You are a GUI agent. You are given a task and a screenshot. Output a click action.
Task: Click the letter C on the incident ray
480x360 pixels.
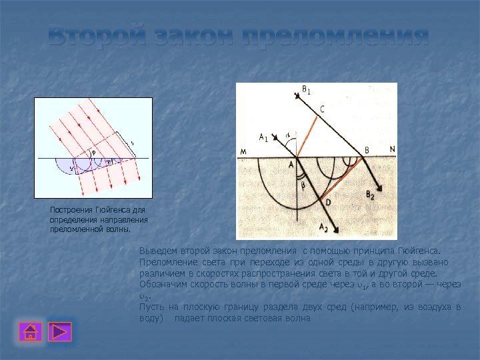click(x=323, y=108)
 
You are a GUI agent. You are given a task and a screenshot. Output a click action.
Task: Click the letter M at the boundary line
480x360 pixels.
click(x=244, y=152)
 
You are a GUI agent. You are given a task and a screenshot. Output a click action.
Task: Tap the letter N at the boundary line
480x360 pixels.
click(x=391, y=150)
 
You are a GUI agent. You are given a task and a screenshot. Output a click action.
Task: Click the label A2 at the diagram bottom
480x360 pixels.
click(x=323, y=228)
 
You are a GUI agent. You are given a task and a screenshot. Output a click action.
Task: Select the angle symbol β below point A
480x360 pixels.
click(x=302, y=186)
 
